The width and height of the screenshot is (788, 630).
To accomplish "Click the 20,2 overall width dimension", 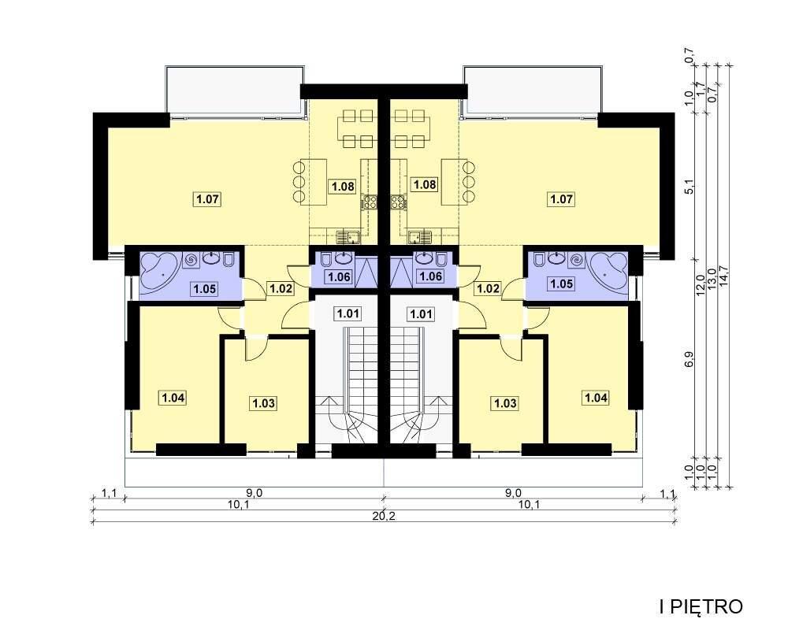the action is click(385, 516).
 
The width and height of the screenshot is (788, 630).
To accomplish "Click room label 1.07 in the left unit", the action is click(207, 199).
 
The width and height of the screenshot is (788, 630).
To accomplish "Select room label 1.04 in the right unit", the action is click(596, 398).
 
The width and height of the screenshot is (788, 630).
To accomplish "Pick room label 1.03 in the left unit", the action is click(263, 403).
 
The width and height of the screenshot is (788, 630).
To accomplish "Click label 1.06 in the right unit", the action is click(431, 276).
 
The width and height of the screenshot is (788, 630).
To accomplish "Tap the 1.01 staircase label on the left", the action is click(348, 314).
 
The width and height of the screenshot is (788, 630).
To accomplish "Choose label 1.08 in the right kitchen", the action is click(425, 184).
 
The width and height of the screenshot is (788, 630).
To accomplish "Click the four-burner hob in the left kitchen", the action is click(369, 203).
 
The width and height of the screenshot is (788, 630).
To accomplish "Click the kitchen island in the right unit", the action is click(455, 181).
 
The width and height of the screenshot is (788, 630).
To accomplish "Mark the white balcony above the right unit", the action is click(533, 90).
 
